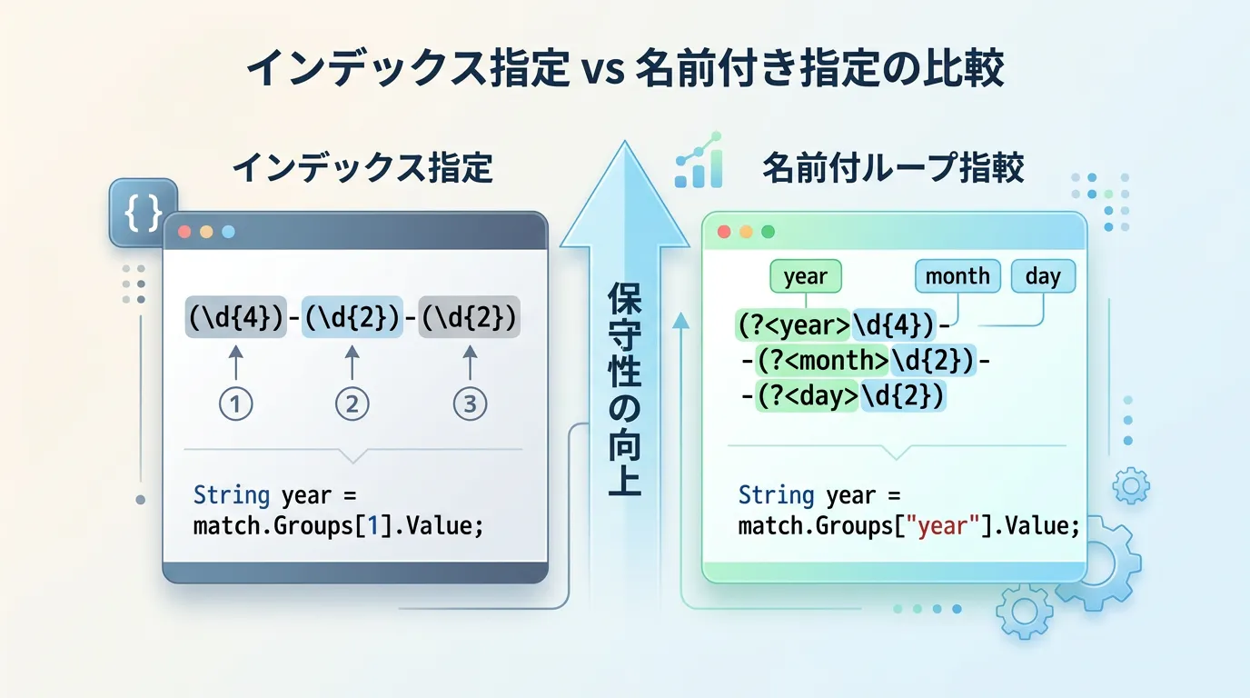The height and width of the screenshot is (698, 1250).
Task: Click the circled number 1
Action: click(235, 404)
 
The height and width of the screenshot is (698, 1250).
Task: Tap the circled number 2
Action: click(352, 404)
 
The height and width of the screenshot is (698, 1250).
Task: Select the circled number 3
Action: click(470, 404)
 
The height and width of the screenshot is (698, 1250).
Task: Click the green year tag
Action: click(805, 276)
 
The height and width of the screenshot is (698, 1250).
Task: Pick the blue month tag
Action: click(957, 276)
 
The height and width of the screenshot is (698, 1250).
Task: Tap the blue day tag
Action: click(1043, 276)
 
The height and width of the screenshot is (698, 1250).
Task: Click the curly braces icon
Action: click(143, 213)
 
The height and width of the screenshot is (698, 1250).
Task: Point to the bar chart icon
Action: click(699, 161)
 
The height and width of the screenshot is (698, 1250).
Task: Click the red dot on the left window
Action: click(184, 232)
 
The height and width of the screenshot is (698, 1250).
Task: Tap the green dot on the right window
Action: click(768, 232)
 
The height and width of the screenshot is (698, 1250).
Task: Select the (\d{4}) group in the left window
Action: click(236, 317)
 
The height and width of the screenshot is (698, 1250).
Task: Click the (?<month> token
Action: click(822, 360)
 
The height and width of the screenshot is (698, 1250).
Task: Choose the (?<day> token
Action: click(808, 396)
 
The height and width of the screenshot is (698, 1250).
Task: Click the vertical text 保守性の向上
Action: click(624, 389)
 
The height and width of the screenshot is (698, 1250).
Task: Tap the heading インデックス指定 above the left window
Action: click(362, 167)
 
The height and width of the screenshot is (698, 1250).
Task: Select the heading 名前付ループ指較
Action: click(893, 167)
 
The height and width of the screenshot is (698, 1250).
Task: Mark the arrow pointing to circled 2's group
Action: click(352, 363)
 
